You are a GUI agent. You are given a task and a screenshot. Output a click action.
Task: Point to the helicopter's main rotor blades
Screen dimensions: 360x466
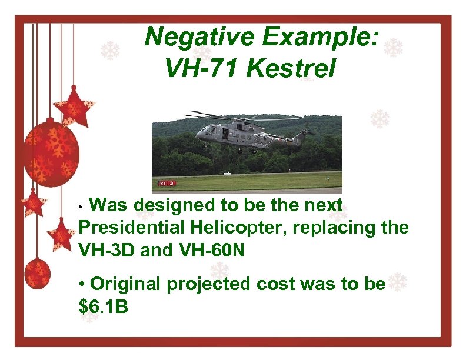point(247,117)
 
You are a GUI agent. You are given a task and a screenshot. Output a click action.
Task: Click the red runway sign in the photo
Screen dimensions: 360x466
point(165,183)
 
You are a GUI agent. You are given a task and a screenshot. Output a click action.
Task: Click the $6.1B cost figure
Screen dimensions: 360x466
point(103,306)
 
